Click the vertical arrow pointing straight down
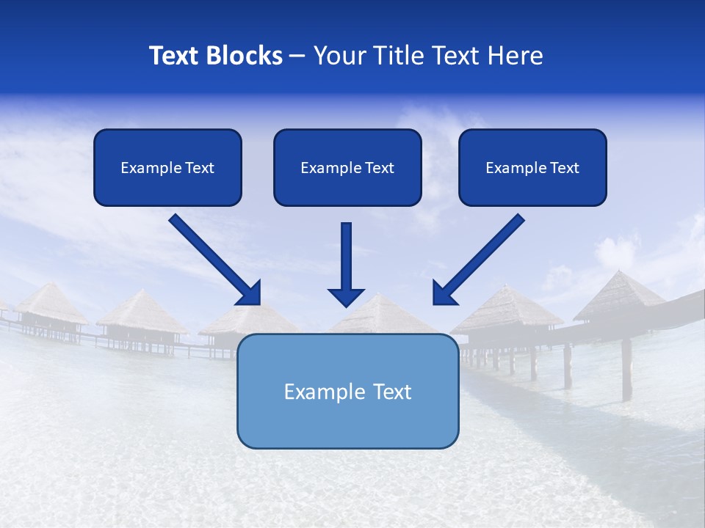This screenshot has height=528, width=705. [347, 260]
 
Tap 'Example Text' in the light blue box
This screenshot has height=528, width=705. [347, 392]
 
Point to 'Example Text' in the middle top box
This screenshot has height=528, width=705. [347, 168]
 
